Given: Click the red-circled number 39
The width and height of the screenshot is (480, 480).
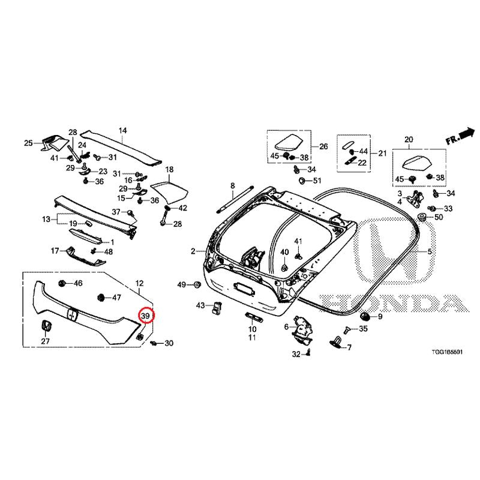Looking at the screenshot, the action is pos(145,316).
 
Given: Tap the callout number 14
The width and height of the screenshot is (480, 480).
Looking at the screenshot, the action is pos(122,131).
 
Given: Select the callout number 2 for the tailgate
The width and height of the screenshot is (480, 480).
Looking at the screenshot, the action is pos(193,251).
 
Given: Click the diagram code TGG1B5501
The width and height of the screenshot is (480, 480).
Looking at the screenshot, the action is pos(447,352).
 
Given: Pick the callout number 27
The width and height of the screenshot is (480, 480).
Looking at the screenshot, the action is pos(46,341).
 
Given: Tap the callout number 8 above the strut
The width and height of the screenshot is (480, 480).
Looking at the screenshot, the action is pos(233,185).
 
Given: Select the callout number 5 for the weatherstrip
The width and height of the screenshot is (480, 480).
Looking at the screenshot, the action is pos(430,251).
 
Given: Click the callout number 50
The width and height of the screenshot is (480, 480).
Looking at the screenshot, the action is pos(439,217).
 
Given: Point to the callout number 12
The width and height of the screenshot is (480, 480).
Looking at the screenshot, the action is pos(139,283).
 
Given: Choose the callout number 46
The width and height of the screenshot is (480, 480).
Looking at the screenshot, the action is pos(78,283).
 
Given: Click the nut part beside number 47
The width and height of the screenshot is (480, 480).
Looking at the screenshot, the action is pos(100,297).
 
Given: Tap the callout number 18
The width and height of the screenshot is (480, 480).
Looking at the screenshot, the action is pos(169,169).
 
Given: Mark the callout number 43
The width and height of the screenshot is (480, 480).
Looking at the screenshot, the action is pos(200,305).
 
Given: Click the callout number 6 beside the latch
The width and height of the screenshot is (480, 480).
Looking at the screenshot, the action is pos(286,327).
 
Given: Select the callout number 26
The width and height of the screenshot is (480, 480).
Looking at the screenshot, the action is pos(323,146).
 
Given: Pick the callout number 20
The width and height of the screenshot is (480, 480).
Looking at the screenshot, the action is pos(409,140).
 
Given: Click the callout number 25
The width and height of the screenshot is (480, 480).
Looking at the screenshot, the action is pos(28,143).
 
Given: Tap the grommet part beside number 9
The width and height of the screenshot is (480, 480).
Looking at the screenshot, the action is pos(365,316).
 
